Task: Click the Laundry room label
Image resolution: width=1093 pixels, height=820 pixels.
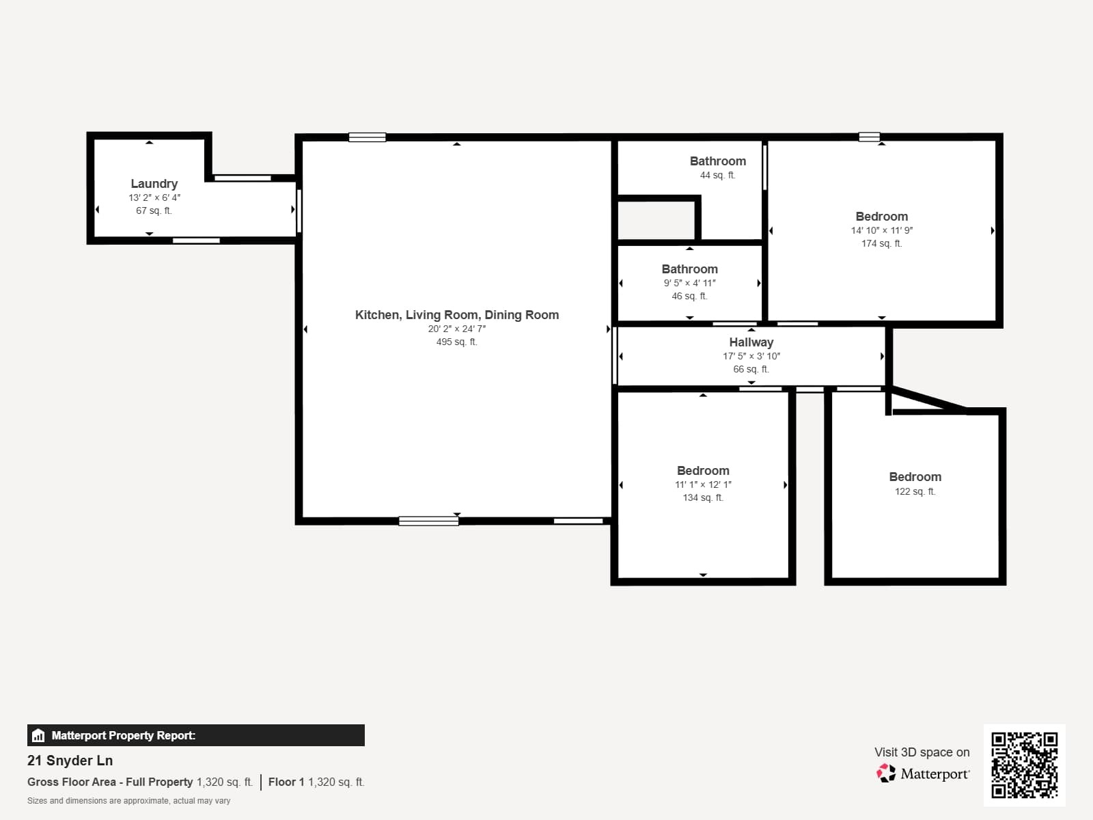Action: tap(154, 184)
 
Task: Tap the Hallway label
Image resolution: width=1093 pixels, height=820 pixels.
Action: tap(751, 342)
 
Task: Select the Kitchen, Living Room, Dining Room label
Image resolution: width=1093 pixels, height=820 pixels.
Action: tap(456, 315)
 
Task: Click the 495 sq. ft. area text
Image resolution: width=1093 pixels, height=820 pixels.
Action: tap(456, 342)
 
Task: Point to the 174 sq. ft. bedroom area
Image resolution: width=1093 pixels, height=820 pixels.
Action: tap(881, 243)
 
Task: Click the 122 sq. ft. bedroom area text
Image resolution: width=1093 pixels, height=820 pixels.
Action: tap(915, 491)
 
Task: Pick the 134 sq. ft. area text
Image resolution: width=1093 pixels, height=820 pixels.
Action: tap(702, 497)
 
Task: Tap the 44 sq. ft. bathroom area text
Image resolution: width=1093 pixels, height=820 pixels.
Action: tap(717, 175)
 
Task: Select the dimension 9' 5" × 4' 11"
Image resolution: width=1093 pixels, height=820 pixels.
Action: tap(689, 283)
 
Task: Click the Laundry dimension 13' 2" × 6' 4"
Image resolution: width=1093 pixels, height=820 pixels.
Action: tap(154, 197)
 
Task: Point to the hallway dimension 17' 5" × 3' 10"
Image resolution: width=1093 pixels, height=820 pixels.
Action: tap(751, 356)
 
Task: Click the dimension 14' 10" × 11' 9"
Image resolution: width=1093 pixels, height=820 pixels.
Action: tap(881, 230)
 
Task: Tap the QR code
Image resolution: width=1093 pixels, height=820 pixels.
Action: tap(1024, 765)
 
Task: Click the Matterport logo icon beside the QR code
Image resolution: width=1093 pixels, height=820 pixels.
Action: tap(886, 774)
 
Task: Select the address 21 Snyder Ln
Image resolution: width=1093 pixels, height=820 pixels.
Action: tap(70, 761)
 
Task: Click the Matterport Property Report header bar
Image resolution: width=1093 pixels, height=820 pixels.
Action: tap(195, 735)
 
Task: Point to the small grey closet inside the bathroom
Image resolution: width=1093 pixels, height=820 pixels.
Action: tap(656, 221)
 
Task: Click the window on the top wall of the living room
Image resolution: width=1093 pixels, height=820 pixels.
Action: tap(367, 137)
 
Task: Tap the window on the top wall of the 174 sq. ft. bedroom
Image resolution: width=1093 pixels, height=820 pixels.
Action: tap(869, 137)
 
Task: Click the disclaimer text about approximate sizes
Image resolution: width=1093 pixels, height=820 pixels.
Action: tap(128, 801)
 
